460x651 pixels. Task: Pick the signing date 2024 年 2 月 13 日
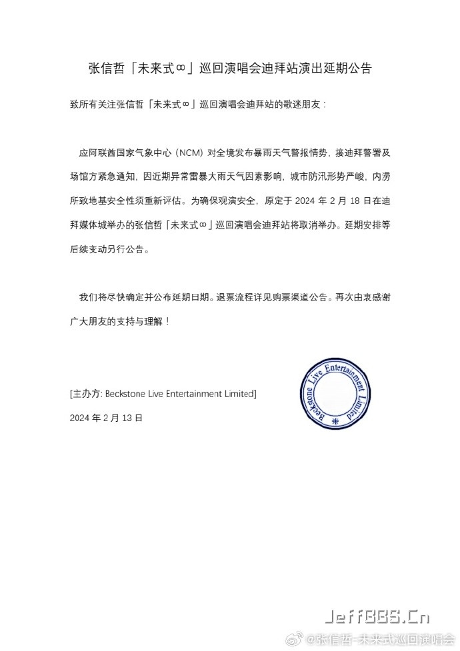(x=106, y=418)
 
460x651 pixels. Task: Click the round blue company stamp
(x=332, y=394)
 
